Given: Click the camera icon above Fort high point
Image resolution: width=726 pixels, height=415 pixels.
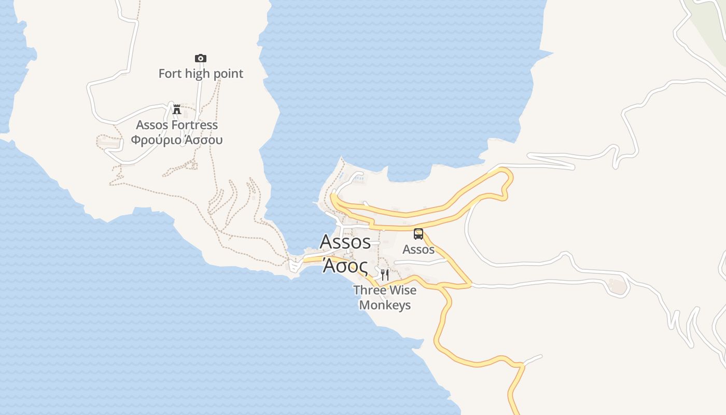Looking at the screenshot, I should [201, 58].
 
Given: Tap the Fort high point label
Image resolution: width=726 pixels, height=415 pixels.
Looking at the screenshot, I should [201, 74].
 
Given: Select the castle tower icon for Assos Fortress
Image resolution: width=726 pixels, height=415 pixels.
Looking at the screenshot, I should [177, 109].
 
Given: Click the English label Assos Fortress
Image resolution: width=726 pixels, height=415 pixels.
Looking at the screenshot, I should [177, 125].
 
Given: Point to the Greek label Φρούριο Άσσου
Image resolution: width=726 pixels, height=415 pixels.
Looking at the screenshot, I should [177, 140].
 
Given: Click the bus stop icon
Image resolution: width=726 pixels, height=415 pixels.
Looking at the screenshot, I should [418, 234].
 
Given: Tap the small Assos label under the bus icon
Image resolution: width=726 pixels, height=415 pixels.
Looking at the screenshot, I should [418, 250].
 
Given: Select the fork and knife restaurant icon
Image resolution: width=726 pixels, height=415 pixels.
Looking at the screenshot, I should [385, 274].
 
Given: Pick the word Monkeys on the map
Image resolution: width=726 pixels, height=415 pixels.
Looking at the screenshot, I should [385, 305].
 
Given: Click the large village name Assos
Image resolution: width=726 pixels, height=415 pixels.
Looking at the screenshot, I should [345, 242].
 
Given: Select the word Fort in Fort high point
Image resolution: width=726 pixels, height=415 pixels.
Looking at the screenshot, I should [170, 74].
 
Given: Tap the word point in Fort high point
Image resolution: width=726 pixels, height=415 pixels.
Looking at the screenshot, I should [227, 74].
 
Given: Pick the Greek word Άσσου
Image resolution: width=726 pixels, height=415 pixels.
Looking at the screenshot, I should [203, 140].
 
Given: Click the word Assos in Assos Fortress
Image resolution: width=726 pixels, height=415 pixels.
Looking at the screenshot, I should [151, 125].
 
